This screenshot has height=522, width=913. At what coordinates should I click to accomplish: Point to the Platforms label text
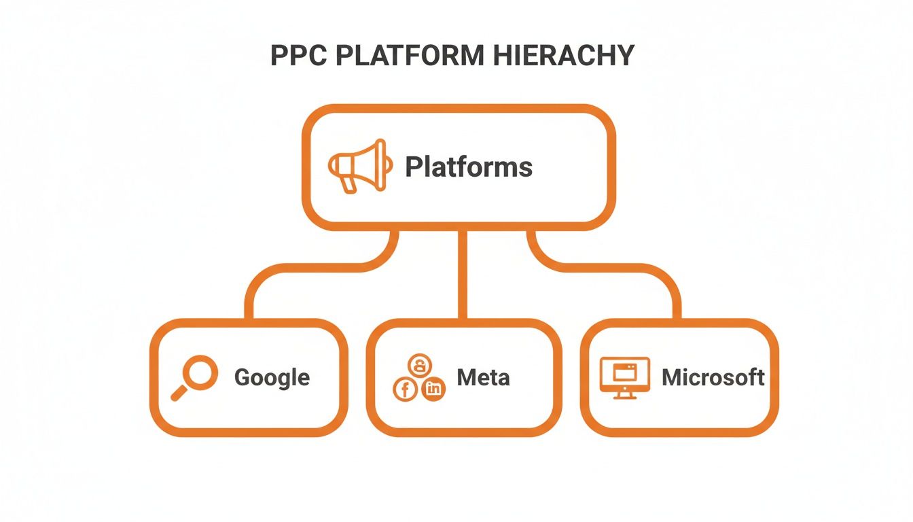[469, 167]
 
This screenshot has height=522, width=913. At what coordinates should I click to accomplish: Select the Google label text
[272, 377]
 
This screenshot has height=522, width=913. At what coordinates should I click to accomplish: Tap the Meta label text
[483, 377]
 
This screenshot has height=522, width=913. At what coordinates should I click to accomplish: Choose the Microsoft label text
[713, 377]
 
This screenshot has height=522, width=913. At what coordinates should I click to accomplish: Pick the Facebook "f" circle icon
[406, 389]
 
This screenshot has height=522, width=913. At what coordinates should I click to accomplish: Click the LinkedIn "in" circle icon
[433, 389]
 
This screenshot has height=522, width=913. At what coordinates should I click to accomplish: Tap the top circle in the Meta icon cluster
[419, 366]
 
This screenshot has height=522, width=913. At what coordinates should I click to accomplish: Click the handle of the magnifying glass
[179, 393]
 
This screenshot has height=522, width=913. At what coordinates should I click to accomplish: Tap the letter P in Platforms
[412, 167]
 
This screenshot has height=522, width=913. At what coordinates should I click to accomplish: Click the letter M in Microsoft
[671, 377]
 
